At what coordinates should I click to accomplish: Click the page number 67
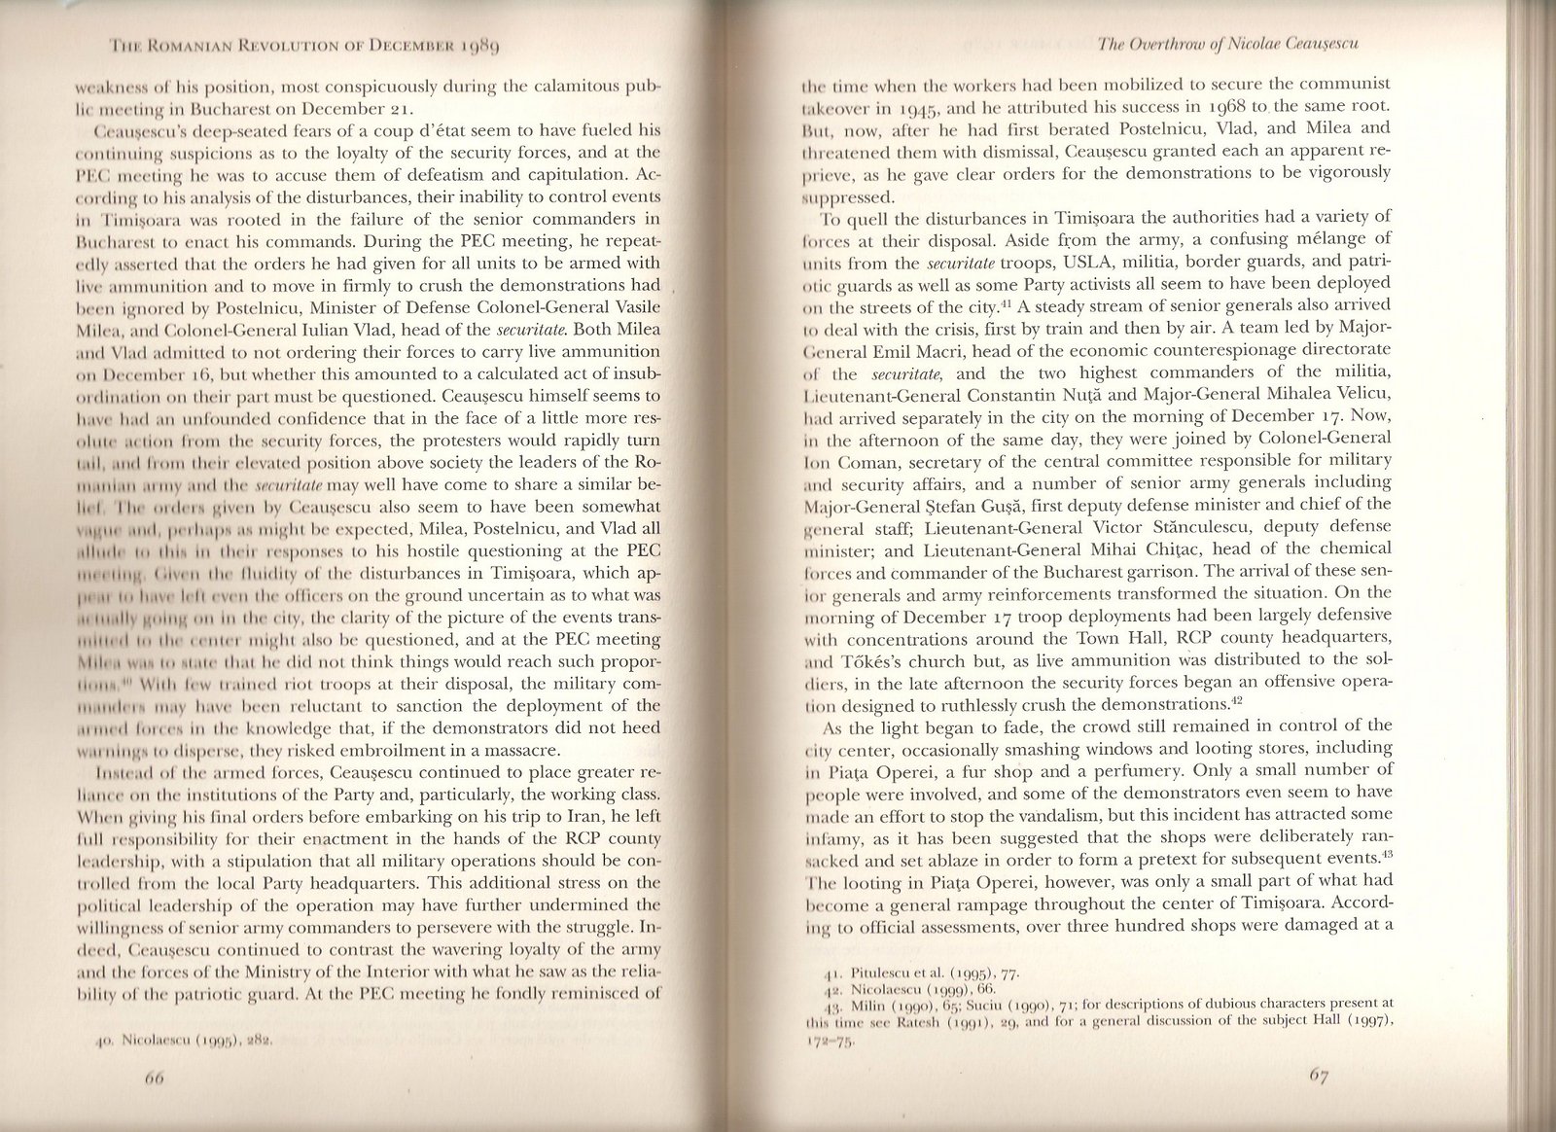[1320, 1103]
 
